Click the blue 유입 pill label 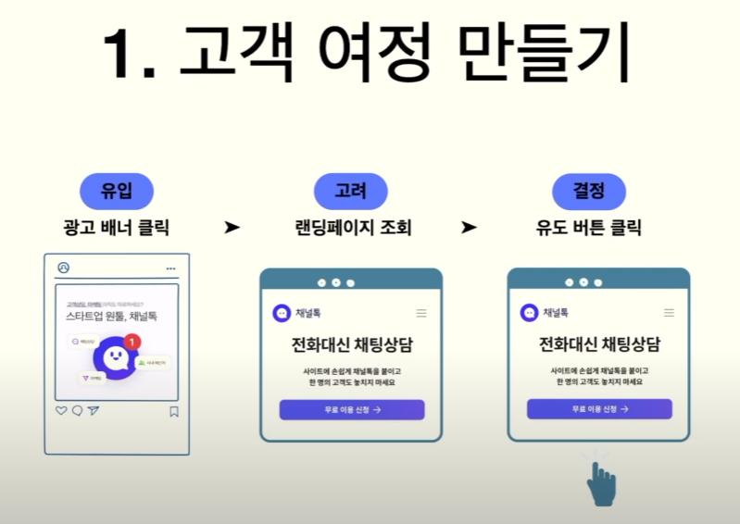tap(116, 192)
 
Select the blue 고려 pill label tap(350, 192)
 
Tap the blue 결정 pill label tap(589, 192)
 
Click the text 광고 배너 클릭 tap(117, 228)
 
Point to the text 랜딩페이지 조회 tap(351, 228)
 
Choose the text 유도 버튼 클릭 tap(589, 228)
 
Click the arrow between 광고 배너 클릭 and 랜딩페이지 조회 tap(232, 228)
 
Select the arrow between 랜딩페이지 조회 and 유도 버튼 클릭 tap(469, 228)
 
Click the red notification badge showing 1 tap(132, 343)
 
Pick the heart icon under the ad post tap(61, 411)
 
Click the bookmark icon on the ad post tap(173, 411)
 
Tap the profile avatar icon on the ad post tap(63, 268)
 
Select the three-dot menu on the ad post tap(170, 268)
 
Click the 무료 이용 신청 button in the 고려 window tap(351, 409)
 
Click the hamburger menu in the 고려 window tap(421, 313)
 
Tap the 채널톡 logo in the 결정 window tap(529, 312)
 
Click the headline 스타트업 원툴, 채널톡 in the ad tap(111, 316)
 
